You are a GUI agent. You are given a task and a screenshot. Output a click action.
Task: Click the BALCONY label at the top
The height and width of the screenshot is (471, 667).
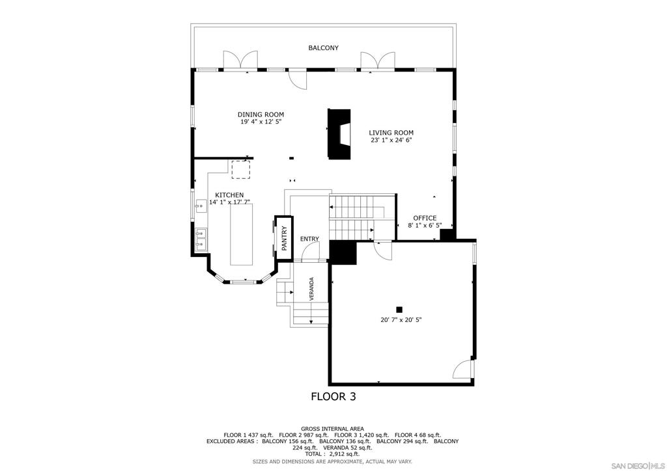point(323,48)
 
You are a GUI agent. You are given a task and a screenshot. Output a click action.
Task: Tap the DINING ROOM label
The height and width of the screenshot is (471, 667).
point(261,114)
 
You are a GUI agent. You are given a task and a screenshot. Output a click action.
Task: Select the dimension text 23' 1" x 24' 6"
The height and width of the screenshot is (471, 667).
point(391,140)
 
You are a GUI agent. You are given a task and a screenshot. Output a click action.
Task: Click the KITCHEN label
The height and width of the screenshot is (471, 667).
point(229,195)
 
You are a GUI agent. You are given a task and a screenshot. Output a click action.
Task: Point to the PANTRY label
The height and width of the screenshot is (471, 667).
point(284,238)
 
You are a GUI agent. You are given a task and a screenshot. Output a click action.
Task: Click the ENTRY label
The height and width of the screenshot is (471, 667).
point(309,239)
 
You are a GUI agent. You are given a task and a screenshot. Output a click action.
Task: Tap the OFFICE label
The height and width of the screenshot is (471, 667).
point(425,219)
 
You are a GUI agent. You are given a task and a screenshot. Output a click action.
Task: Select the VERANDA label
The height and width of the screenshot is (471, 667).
point(312,289)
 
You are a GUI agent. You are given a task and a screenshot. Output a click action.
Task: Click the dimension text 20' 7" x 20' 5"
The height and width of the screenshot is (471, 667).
point(401,320)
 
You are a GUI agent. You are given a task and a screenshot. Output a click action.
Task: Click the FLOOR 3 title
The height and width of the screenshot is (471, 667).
point(333,397)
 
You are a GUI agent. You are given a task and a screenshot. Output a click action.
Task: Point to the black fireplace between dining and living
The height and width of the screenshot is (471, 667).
point(339,134)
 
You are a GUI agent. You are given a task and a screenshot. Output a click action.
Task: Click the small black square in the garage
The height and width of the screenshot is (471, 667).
point(399,310)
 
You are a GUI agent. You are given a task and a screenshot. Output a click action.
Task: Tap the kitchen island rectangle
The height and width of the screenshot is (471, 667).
point(242,234)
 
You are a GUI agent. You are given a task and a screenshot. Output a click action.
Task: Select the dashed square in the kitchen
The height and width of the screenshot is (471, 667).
point(241,169)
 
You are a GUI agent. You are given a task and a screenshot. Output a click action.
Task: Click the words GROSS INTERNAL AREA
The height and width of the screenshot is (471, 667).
point(332,429)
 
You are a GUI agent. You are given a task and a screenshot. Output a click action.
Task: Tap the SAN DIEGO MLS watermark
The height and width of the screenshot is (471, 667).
point(638,466)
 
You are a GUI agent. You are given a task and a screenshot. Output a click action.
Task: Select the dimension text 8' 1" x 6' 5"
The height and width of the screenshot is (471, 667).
point(425,226)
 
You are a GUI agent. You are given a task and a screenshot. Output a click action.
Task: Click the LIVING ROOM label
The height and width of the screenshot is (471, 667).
point(391,133)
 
